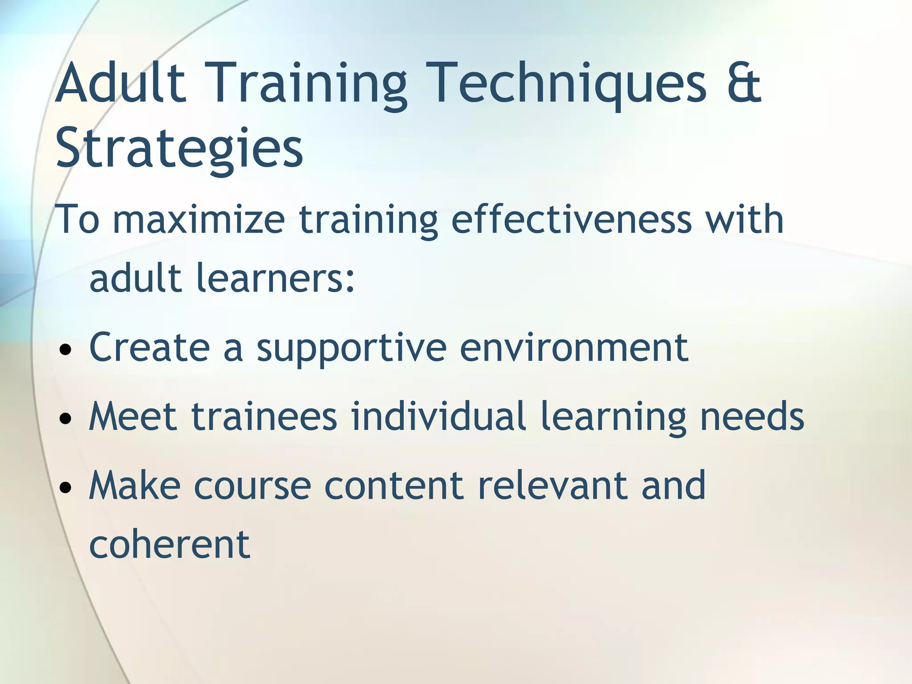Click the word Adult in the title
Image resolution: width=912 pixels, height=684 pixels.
point(120,84)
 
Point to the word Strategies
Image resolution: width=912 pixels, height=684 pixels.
point(179,148)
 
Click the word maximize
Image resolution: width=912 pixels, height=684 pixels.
point(199,220)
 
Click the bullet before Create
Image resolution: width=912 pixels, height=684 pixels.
point(65,350)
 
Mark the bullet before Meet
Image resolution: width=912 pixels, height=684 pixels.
point(65,419)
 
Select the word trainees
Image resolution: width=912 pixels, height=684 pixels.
point(264,417)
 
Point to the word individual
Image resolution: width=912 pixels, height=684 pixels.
point(438,417)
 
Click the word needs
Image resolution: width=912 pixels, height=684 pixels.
point(752,417)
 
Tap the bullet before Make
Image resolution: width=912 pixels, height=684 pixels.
point(65,488)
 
